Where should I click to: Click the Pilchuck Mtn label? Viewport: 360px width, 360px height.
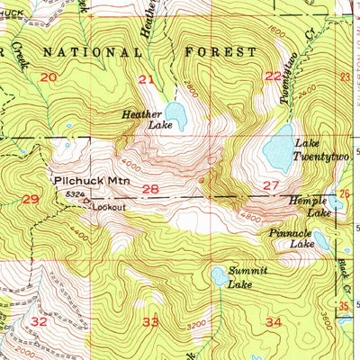click(x=91, y=181)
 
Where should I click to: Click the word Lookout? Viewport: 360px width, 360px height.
click(x=107, y=206)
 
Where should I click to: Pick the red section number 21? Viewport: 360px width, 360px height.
click(x=146, y=80)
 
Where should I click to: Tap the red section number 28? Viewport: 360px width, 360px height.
click(x=150, y=189)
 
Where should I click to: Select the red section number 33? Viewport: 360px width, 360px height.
click(x=150, y=321)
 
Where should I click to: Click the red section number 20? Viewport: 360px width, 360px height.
click(x=47, y=77)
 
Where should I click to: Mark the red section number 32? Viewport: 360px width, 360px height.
click(x=38, y=320)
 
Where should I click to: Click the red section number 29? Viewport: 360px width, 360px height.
click(x=30, y=198)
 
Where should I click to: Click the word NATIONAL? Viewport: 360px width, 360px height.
click(x=98, y=52)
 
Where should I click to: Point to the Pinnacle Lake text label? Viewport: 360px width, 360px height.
click(x=292, y=238)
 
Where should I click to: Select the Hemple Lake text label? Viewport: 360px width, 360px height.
click(x=308, y=207)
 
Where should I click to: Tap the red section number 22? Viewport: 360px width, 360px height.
click(x=273, y=76)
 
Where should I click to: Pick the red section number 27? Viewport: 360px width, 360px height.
click(x=270, y=185)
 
